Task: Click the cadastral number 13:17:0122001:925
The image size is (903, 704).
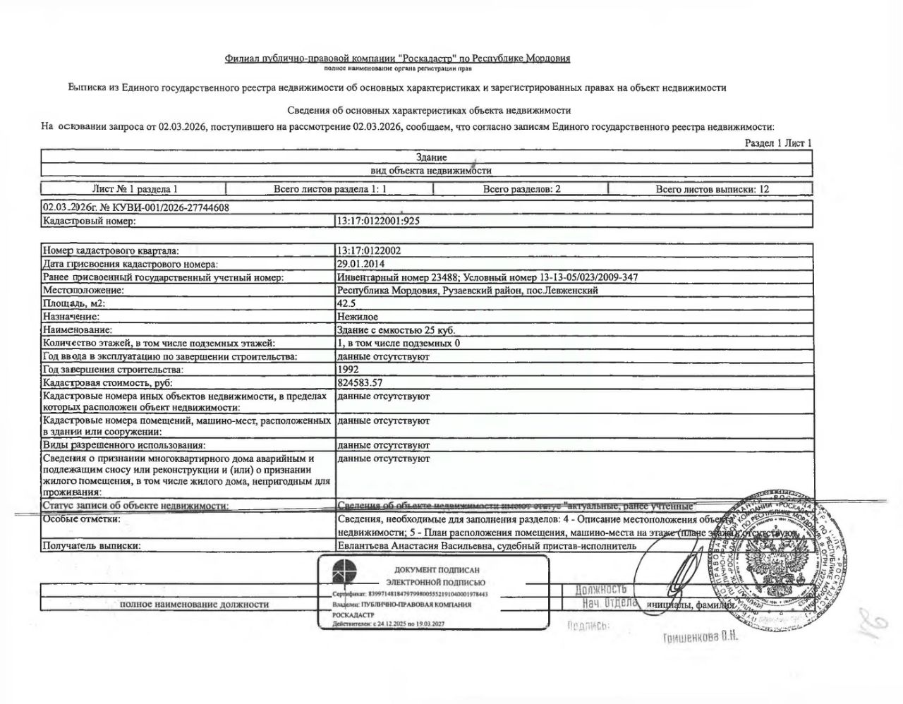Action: pyautogui.click(x=378, y=221)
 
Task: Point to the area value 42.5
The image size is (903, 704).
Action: pyautogui.click(x=346, y=303)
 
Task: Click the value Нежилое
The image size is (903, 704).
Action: pyautogui.click(x=358, y=317)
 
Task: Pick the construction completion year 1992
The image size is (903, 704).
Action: pyautogui.click(x=348, y=369)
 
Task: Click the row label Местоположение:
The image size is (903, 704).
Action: pyautogui.click(x=83, y=290)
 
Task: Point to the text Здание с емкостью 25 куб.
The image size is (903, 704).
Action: pyautogui.click(x=396, y=329)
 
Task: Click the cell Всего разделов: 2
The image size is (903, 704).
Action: pyautogui.click(x=521, y=189)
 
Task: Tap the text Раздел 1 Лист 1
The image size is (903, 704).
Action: pyautogui.click(x=778, y=143)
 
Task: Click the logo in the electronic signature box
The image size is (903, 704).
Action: pyautogui.click(x=346, y=575)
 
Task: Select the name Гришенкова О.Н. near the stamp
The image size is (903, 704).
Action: pyautogui.click(x=700, y=638)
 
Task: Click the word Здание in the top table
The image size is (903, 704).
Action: pyautogui.click(x=431, y=157)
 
